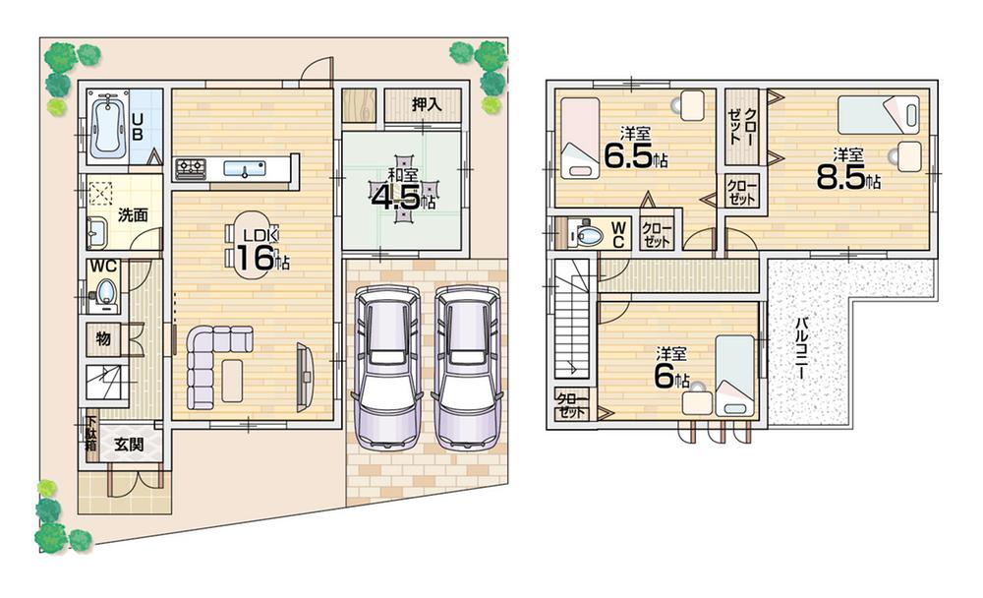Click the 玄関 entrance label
(129, 445)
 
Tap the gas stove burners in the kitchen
(191, 169)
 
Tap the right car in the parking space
(466, 364)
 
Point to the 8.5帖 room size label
(847, 171)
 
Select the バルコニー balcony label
(801, 349)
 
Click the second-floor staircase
(569, 320)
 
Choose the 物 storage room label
(103, 339)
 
